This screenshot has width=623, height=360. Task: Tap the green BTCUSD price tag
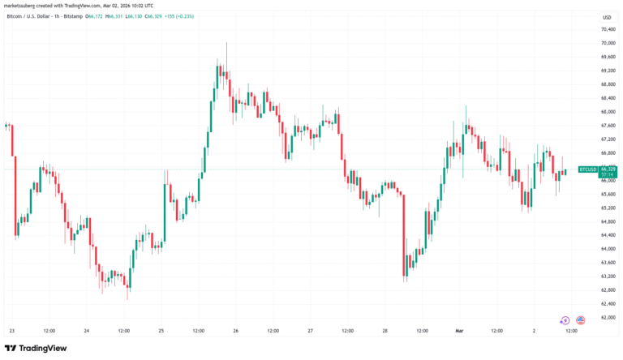point(587,169)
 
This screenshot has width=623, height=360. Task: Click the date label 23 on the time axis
point(11,331)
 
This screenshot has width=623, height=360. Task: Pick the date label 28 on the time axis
point(385,331)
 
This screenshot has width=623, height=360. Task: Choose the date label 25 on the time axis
point(161,331)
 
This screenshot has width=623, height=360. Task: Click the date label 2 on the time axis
point(535,331)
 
